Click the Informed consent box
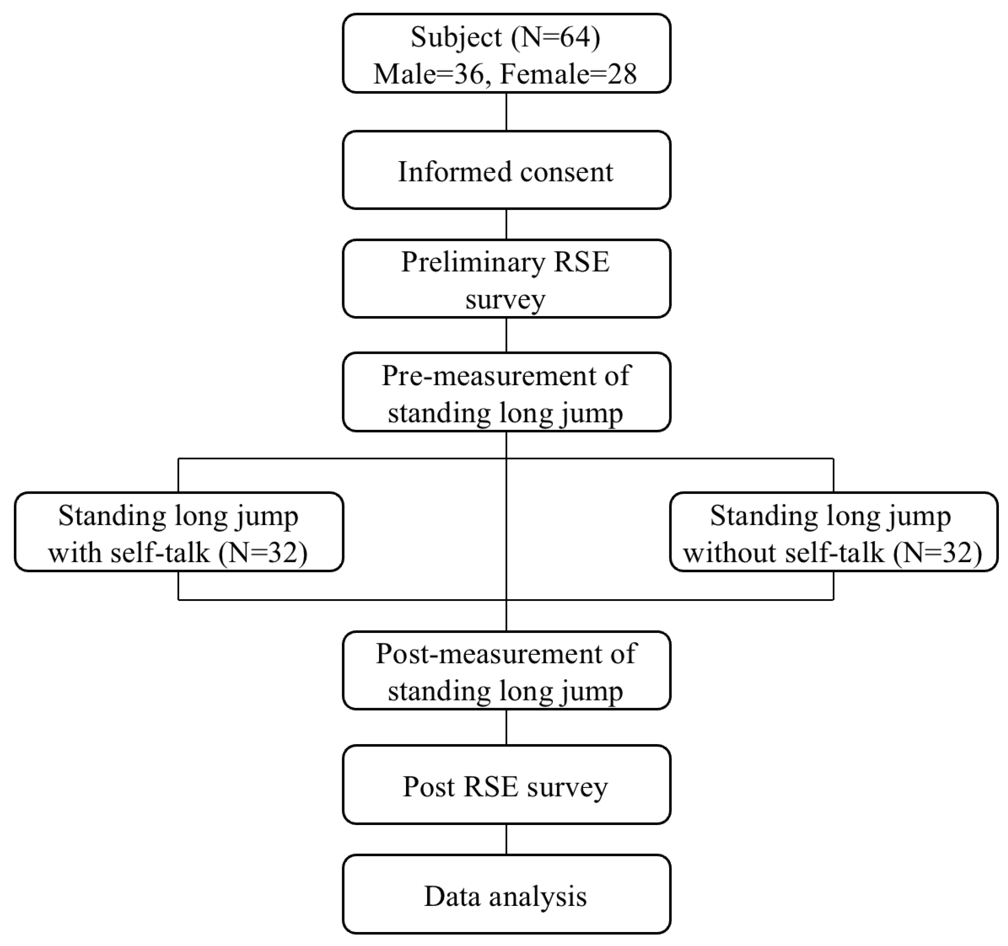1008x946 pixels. [506, 170]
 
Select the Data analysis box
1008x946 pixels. [506, 896]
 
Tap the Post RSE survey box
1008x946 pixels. [506, 786]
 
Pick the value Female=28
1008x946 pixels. [568, 74]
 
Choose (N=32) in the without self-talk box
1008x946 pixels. [937, 552]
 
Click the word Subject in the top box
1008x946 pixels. [456, 37]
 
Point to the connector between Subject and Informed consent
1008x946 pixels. [506, 112]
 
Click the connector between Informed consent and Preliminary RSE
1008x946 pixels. [506, 224]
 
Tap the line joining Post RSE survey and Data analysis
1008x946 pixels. [506, 840]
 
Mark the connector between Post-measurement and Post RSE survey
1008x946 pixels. [506, 727]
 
